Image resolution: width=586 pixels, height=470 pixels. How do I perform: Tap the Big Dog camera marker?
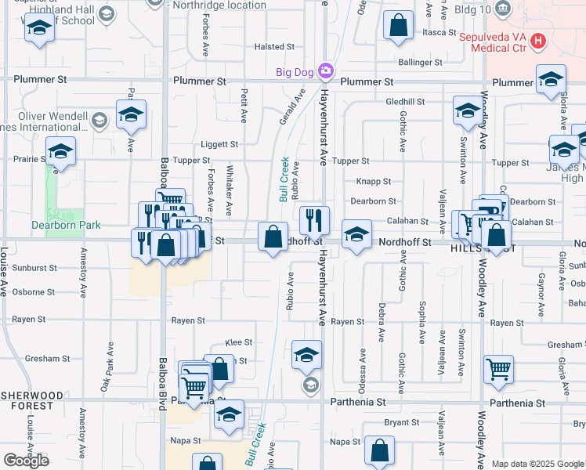coord(326,73)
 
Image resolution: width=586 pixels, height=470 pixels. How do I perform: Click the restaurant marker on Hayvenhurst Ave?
coord(314,219)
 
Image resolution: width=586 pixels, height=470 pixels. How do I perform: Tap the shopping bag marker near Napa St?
coord(379,450)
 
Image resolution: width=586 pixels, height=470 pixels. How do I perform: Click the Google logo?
coord(26,460)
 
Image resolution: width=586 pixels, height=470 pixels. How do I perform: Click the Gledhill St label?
coord(405,102)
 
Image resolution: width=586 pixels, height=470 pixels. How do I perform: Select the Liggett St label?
coord(219,144)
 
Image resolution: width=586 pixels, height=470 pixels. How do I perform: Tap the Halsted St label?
coord(273,47)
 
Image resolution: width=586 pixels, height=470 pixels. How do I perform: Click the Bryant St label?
coord(402,422)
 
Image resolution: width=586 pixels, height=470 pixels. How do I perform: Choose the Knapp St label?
coord(374,181)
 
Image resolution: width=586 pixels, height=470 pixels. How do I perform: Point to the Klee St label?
coord(238,342)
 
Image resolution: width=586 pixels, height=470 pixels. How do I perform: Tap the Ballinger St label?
coord(414,61)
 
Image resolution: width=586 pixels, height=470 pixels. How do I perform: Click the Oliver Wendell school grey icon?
coord(99,120)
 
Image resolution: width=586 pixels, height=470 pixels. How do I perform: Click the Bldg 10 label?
coord(473,10)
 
